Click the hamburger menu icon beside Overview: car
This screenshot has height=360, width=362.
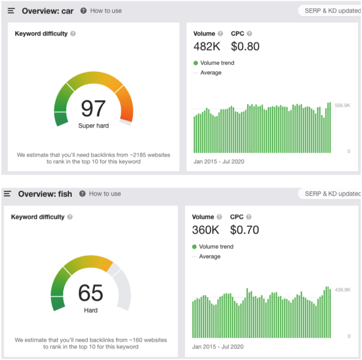coord(11,11)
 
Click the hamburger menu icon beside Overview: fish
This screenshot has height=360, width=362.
coord(7,194)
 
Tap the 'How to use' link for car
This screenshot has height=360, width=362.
coord(106,11)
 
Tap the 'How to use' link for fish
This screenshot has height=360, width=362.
coord(105,194)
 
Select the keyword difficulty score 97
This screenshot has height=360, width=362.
coord(93,108)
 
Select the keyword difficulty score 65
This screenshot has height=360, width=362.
coord(90,293)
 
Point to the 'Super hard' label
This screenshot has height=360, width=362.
coord(93,126)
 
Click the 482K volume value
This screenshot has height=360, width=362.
coord(207,46)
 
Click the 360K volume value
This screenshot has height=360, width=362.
coord(206,230)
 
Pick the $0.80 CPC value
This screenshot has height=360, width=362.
coord(245,46)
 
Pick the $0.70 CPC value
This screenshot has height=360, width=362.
coord(244,230)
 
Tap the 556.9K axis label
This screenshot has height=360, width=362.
coord(343,105)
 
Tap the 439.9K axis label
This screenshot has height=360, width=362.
coord(343,290)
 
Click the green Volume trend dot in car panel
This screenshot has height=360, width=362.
coord(196,63)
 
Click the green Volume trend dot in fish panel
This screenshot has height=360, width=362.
coord(194,247)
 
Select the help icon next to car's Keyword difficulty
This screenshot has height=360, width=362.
coord(73,34)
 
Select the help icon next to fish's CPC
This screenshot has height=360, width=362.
coord(248,217)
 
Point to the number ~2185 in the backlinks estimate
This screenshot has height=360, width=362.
coord(138,155)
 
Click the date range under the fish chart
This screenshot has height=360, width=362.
coord(218,347)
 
